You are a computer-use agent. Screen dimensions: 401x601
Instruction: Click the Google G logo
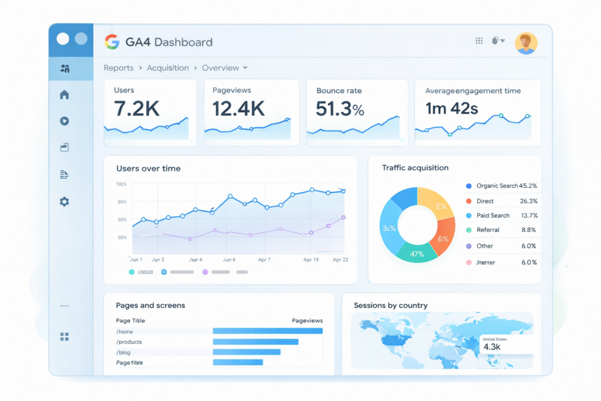tap(112, 42)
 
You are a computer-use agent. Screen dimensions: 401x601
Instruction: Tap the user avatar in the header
tap(525, 43)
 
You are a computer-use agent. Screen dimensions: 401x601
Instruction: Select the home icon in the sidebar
tap(65, 95)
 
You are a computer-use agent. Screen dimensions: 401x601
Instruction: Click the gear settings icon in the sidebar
tap(65, 201)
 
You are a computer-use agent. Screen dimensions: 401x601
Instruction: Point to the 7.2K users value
tap(136, 108)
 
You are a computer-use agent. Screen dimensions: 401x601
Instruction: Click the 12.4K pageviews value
tap(238, 108)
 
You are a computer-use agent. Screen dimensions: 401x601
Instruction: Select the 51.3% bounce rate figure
tap(340, 108)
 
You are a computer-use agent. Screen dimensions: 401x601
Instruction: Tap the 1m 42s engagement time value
tap(451, 108)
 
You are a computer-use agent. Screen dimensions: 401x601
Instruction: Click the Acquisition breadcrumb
tap(168, 68)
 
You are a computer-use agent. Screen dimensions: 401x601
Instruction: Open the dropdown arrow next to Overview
tap(245, 68)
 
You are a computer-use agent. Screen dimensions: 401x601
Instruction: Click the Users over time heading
tap(148, 169)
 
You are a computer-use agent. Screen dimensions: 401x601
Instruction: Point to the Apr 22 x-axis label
tap(341, 259)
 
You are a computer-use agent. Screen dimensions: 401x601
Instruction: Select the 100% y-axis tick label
tap(122, 184)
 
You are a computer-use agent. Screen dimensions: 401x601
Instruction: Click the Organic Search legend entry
tap(497, 186)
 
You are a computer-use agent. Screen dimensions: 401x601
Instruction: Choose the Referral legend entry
tap(488, 230)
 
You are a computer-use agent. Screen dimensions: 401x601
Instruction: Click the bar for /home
tap(267, 331)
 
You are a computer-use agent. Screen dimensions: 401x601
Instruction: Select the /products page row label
tap(129, 342)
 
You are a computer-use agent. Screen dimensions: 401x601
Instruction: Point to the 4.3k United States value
tap(491, 347)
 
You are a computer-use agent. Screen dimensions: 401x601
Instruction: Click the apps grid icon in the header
tap(479, 41)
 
